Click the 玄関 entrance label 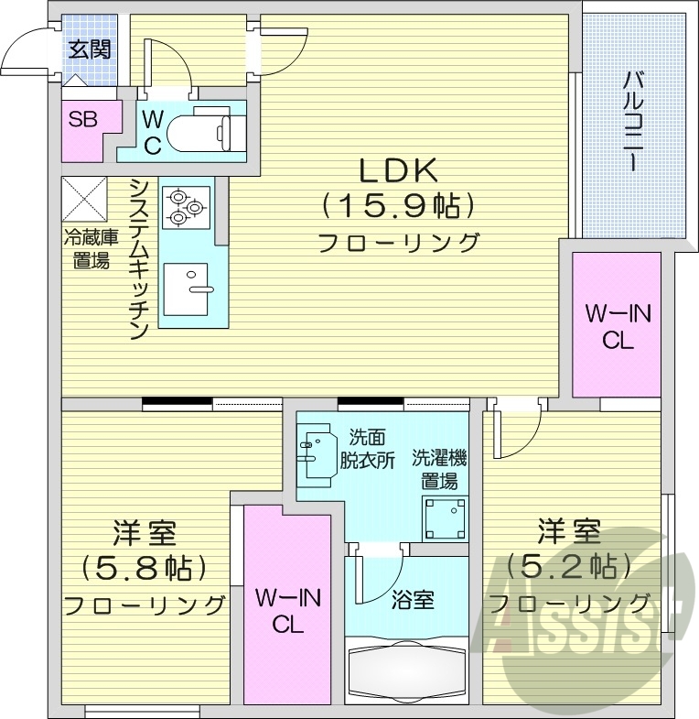coord(89,49)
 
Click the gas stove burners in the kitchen coord(186,207)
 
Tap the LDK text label coord(398,170)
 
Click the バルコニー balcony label coord(631,120)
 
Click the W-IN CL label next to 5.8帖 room coord(286,612)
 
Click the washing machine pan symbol coord(445,519)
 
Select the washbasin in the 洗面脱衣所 coord(317,451)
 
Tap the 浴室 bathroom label coord(413,600)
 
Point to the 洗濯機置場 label coord(439,468)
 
